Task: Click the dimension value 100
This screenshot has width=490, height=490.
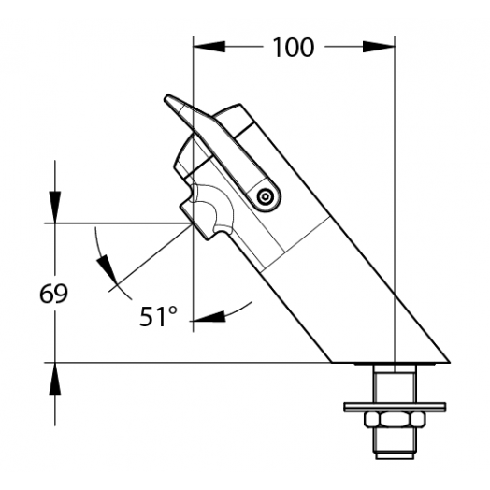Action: [x=293, y=48]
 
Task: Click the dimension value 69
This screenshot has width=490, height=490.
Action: [x=53, y=294]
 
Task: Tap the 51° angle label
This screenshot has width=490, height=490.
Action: [x=158, y=316]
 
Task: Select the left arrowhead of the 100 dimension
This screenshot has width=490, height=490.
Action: [x=209, y=47]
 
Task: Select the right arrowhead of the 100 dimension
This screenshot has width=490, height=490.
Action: [x=379, y=47]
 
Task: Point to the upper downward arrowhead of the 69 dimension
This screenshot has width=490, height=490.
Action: [x=55, y=208]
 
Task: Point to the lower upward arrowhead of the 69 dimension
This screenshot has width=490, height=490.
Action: [x=55, y=379]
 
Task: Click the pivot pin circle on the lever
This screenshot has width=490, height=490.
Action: [x=265, y=197]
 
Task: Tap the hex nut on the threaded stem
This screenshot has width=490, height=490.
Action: [x=395, y=419]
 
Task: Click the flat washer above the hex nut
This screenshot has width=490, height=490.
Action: [x=395, y=407]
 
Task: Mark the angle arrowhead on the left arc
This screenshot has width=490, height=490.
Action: [x=108, y=268]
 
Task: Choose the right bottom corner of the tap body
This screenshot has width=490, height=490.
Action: [x=450, y=363]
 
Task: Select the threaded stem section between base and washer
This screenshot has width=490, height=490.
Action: [x=395, y=383]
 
